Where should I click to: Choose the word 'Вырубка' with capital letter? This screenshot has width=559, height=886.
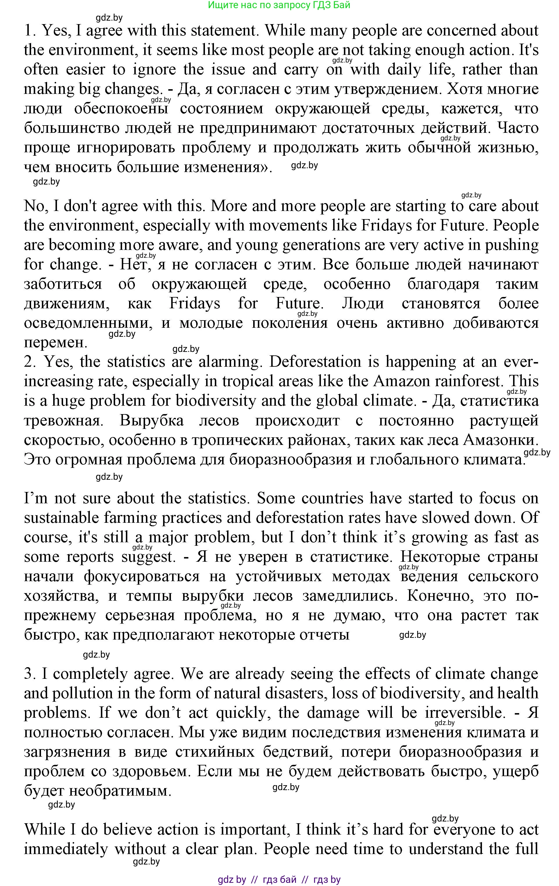151,420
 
